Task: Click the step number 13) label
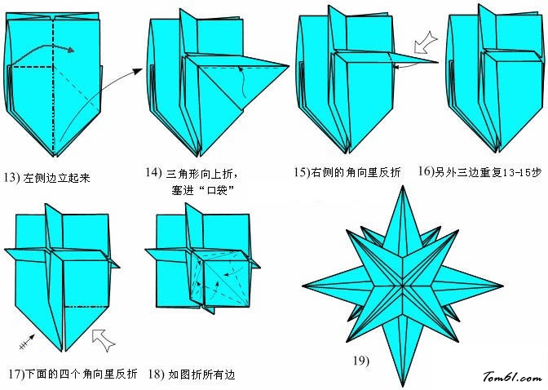click(x=12, y=177)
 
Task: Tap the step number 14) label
click(x=154, y=172)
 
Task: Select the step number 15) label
click(x=302, y=172)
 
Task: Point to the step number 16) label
click(x=426, y=171)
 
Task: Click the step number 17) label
click(x=17, y=374)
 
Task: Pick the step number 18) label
click(x=156, y=374)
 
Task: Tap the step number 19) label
click(x=361, y=361)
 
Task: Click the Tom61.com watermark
click(x=513, y=377)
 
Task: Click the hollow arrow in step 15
click(x=426, y=42)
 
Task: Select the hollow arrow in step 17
click(x=104, y=340)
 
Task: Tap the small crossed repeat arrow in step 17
click(x=27, y=342)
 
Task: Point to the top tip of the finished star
click(x=403, y=186)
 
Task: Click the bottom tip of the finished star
click(x=403, y=387)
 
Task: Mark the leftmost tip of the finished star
click(x=303, y=286)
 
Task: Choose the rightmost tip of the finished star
click(x=503, y=286)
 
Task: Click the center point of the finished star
click(x=403, y=286)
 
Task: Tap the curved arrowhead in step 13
click(x=71, y=50)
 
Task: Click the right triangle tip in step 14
click(x=289, y=66)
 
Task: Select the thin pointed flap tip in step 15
click(x=438, y=63)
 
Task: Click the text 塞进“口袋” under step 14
click(x=202, y=190)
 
